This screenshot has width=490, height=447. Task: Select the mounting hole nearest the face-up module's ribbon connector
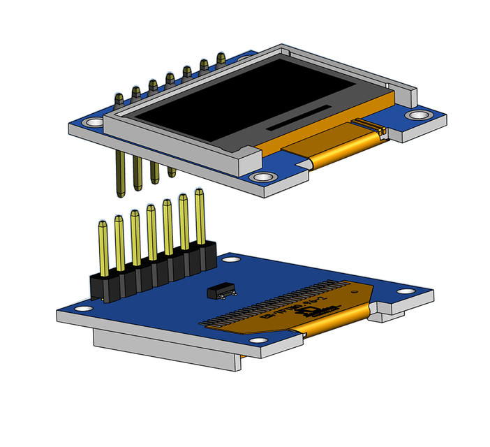[x=419, y=115]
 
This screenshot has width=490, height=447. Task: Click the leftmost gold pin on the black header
[x=103, y=248]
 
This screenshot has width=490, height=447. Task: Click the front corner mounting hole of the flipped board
[x=258, y=341]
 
